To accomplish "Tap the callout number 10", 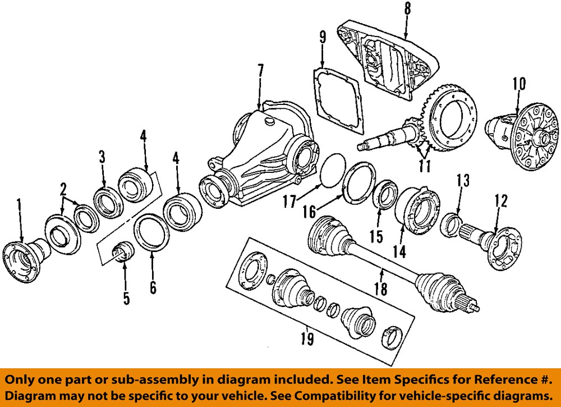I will pyautogui.click(x=518, y=84).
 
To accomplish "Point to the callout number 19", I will pyautogui.click(x=306, y=339).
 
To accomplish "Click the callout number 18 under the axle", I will pyautogui.click(x=380, y=289).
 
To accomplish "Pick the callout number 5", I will pyautogui.click(x=126, y=298).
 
